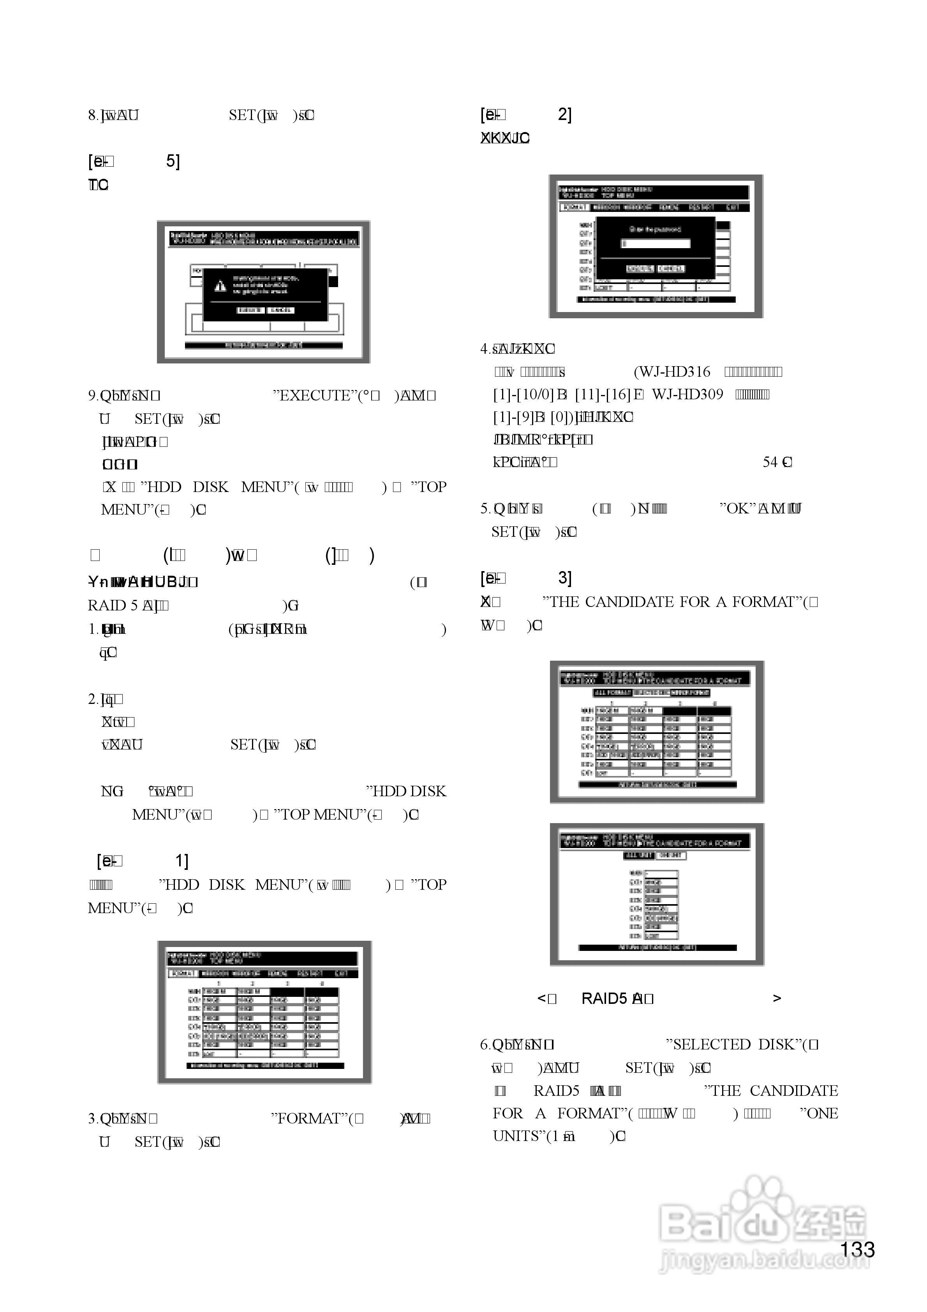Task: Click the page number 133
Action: tap(857, 1250)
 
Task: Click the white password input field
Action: tap(656, 243)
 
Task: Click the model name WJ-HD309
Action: tap(687, 394)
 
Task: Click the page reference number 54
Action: tap(770, 462)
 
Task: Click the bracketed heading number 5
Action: tap(171, 162)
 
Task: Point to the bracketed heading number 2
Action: tap(564, 115)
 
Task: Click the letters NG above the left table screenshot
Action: tap(112, 792)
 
